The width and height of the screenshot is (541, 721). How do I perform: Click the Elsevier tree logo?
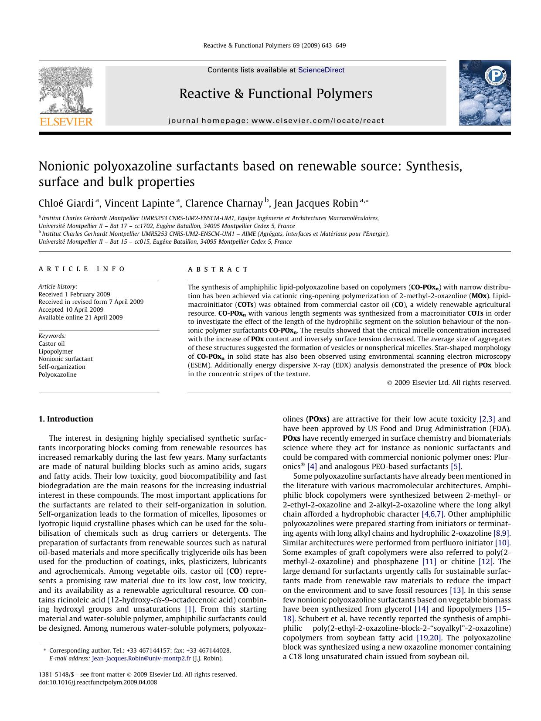coord(65,90)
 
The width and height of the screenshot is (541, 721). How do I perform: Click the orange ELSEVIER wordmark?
coord(66,122)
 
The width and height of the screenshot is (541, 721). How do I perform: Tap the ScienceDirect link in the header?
coord(321,70)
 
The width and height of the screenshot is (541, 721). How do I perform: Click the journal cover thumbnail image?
coord(484,93)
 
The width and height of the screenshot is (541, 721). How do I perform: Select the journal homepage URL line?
coord(276,121)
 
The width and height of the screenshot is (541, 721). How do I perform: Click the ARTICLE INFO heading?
coord(82,269)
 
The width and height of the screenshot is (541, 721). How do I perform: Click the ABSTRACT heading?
coord(218,269)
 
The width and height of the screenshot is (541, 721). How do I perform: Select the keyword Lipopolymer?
coord(56,351)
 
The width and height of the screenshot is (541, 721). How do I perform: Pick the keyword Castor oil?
coord(51,343)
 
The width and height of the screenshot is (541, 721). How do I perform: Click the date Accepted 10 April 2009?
coord(71,309)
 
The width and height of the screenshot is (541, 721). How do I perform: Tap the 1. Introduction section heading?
coord(66,419)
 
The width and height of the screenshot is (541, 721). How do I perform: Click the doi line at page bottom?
coord(98,683)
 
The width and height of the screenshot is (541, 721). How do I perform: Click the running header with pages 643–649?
coord(274,45)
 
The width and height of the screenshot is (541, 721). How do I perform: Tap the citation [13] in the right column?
coord(457,590)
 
